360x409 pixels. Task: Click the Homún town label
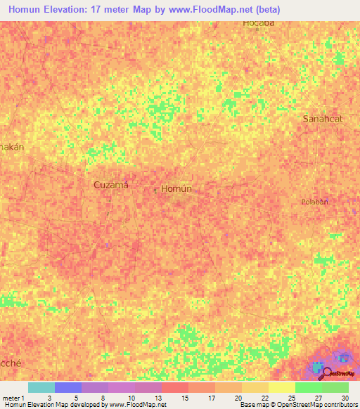click(x=176, y=189)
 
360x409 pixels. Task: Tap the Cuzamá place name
click(x=111, y=184)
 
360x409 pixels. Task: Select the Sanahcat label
click(x=323, y=119)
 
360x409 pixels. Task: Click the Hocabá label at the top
click(x=258, y=24)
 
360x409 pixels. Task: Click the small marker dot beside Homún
click(x=156, y=188)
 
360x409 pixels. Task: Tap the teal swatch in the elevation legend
click(x=41, y=387)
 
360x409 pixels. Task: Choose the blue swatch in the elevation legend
click(x=68, y=387)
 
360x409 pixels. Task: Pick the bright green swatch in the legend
click(x=309, y=387)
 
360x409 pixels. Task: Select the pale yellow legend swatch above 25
click(x=282, y=387)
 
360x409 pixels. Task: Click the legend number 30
click(x=345, y=397)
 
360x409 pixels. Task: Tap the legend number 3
click(x=49, y=397)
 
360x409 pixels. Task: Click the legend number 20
click(x=238, y=397)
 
